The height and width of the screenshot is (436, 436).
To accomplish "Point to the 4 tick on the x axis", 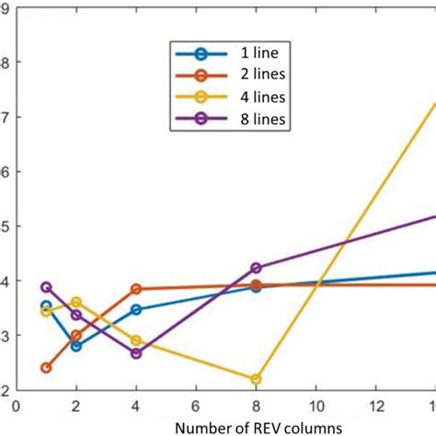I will click(x=136, y=405).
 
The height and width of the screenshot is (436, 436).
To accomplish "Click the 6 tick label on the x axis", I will click(x=196, y=405).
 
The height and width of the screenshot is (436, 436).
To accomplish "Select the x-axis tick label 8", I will click(x=256, y=405).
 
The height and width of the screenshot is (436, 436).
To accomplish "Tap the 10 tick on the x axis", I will click(x=316, y=405).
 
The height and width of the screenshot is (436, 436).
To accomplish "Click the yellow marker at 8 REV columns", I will click(x=256, y=379).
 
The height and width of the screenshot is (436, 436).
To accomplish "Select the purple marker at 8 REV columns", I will click(x=256, y=268).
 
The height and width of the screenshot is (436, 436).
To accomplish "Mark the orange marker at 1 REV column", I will click(x=46, y=368).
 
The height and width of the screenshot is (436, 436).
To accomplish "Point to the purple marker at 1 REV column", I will click(x=46, y=287).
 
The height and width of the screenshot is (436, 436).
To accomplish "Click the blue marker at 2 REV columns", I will click(x=76, y=346).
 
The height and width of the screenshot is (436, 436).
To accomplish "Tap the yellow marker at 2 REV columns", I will click(x=76, y=303).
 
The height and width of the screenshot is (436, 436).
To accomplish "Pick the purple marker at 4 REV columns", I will click(x=136, y=353).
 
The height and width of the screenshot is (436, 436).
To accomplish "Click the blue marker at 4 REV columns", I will click(x=136, y=310).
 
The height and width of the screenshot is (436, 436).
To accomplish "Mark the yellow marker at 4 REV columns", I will click(x=136, y=340).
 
